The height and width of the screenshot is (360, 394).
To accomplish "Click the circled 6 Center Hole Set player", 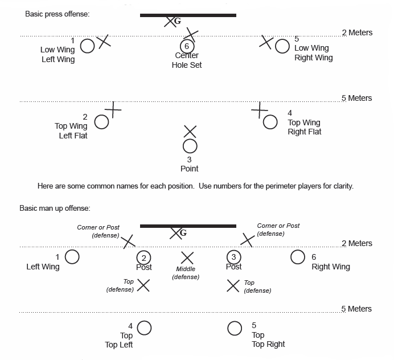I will coord(186,46).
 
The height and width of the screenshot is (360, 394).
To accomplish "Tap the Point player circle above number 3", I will coord(190,146).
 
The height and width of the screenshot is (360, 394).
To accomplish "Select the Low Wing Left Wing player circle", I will coord(87,46).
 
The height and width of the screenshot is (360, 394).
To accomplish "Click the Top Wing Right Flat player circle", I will coord(270,122).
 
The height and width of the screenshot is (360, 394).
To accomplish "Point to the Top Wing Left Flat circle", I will coord(101,121).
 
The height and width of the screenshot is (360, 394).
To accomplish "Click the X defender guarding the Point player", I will coord(190,132).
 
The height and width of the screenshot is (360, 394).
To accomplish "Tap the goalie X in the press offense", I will coord(170,22).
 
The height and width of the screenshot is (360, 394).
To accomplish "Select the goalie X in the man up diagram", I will coord(176,232).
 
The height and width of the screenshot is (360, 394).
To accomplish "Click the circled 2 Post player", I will coord(144,257).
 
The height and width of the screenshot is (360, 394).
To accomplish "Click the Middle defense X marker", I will coord(187,257).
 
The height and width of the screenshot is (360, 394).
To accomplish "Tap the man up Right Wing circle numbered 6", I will coord(298,257).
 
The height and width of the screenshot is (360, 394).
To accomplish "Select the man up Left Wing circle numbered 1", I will coord(72,257).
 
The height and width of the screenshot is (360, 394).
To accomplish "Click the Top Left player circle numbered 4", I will coord(145,328).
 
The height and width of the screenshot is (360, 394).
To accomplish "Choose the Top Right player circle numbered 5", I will coord(235,328).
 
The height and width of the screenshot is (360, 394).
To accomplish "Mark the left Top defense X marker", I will coord(143,285).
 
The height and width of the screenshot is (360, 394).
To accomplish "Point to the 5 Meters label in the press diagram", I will coord(356,98).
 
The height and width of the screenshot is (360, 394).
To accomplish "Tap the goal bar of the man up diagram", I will coord(188,226).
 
